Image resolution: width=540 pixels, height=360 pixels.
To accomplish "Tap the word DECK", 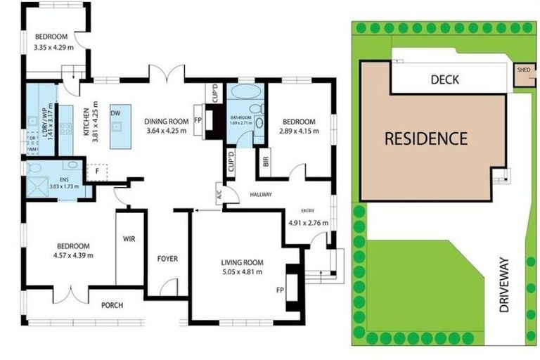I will [x=444, y=79].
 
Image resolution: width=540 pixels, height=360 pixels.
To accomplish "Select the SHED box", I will [x=522, y=72].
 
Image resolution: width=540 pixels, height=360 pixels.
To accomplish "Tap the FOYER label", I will [x=167, y=258].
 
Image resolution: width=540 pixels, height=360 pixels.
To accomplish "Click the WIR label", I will [x=129, y=239].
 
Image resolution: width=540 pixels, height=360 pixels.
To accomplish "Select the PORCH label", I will [x=111, y=305].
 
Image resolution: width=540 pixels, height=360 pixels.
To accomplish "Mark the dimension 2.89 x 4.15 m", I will [x=298, y=131].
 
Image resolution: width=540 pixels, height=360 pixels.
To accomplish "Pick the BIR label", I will [x=266, y=160].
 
